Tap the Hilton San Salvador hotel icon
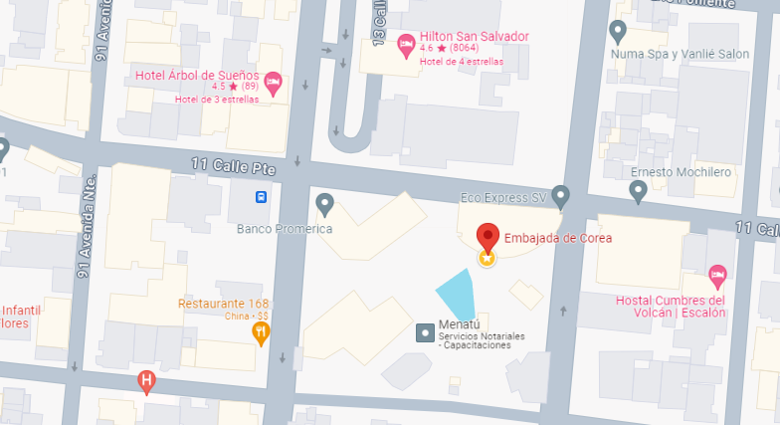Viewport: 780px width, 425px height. click(x=406, y=44)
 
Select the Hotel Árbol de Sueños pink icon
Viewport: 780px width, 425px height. click(x=273, y=82)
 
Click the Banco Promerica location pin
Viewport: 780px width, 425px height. click(x=324, y=204)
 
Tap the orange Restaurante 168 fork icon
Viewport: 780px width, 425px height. click(x=261, y=331)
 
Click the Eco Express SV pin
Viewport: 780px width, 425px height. click(x=560, y=195)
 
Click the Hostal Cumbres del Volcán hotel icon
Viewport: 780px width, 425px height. click(x=717, y=274)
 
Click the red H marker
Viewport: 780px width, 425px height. click(x=146, y=380)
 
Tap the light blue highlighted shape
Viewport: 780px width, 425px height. click(x=458, y=296)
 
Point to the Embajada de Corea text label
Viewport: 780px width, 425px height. click(x=558, y=238)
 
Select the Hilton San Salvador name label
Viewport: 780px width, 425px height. click(x=475, y=36)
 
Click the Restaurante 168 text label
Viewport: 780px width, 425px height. click(x=225, y=304)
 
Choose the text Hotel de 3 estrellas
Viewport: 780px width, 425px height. click(x=217, y=99)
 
